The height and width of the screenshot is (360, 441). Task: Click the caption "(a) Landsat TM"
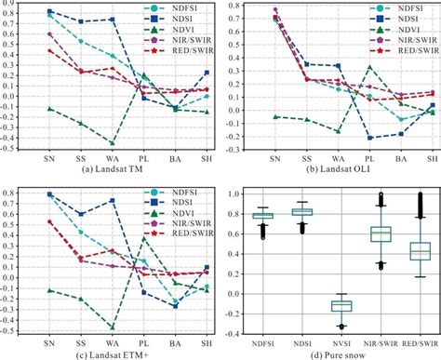point(112,168)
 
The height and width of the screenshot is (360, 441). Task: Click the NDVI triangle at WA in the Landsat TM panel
point(113,143)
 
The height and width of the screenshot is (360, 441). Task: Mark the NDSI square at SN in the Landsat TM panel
point(49,11)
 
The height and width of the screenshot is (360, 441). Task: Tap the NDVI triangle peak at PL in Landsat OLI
point(369,67)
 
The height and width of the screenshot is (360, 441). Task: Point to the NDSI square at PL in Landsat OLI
point(369,138)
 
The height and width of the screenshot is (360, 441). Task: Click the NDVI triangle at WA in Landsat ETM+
point(113,327)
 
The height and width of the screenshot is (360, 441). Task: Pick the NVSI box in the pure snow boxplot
point(342,305)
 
